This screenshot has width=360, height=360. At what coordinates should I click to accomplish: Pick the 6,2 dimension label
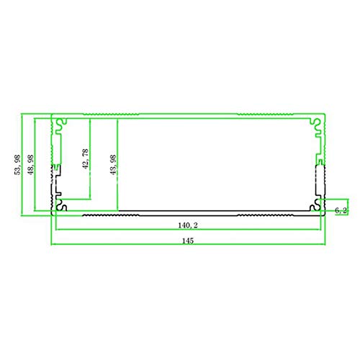341,210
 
